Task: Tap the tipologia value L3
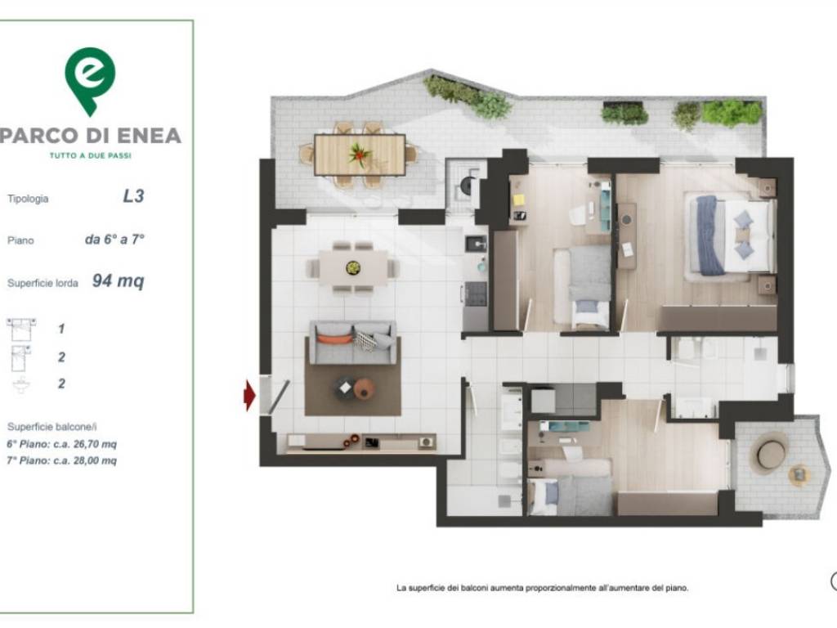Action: pyautogui.click(x=133, y=196)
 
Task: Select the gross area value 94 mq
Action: pyautogui.click(x=118, y=280)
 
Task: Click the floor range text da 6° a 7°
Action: pyautogui.click(x=114, y=240)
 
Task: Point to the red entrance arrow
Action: pyautogui.click(x=249, y=395)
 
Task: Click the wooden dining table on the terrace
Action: pyautogui.click(x=360, y=155)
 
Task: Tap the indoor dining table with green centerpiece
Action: pyautogui.click(x=353, y=267)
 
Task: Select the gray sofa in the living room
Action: pyautogui.click(x=353, y=343)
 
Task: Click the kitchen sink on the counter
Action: pyautogui.click(x=477, y=244)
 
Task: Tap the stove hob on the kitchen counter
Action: pyautogui.click(x=475, y=294)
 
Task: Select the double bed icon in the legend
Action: pyautogui.click(x=21, y=329)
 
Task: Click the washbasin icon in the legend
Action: pyautogui.click(x=21, y=385)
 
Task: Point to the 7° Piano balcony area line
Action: pyautogui.click(x=61, y=460)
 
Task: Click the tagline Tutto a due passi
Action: pyautogui.click(x=90, y=156)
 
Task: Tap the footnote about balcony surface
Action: pyautogui.click(x=543, y=588)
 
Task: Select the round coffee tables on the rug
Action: pyautogui.click(x=355, y=387)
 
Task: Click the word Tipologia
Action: pyautogui.click(x=28, y=199)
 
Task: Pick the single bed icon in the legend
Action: pyautogui.click(x=20, y=358)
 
